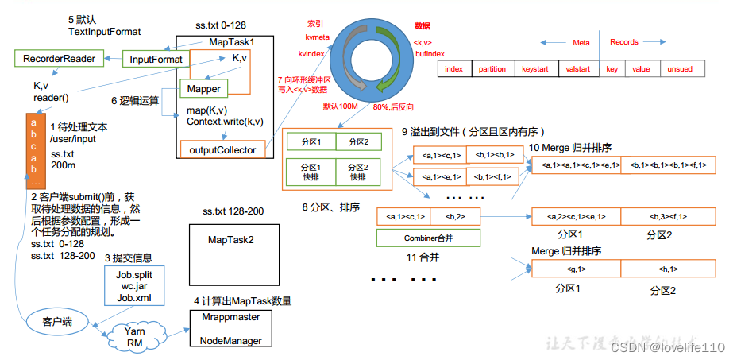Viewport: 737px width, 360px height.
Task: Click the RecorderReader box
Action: coord(59,59)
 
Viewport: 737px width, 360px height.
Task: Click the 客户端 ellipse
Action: coord(56,321)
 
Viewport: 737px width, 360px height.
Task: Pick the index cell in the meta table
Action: coord(454,69)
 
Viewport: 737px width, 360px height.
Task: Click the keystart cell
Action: coord(535,69)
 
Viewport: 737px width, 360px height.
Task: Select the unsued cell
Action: coord(680,69)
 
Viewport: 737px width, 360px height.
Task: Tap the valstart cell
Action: coord(577,69)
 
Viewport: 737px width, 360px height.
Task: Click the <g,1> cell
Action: coord(577,269)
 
